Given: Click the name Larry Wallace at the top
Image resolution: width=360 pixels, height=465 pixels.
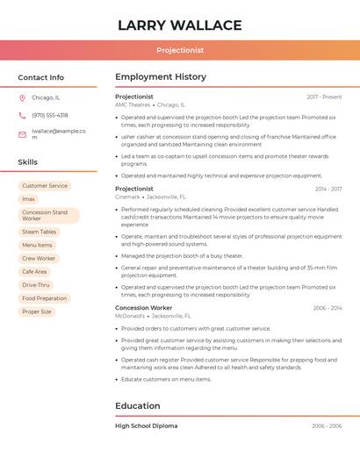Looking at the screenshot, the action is pyautogui.click(x=179, y=25).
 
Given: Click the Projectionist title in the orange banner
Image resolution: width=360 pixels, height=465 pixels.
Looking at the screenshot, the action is pyautogui.click(x=180, y=51).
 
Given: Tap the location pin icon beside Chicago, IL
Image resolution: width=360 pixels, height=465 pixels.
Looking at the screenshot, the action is pyautogui.click(x=22, y=98).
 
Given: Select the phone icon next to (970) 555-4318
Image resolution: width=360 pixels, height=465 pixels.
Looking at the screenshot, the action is pyautogui.click(x=22, y=115).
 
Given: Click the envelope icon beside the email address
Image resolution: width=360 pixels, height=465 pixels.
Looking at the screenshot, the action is pyautogui.click(x=22, y=134).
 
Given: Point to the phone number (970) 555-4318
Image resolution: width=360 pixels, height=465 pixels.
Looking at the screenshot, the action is pyautogui.click(x=50, y=115).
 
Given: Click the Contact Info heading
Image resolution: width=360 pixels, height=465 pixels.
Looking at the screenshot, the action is pyautogui.click(x=40, y=77).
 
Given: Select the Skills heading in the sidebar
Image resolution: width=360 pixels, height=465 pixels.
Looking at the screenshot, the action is pyautogui.click(x=27, y=162).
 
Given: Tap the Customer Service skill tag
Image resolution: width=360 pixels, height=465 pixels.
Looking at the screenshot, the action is pyautogui.click(x=45, y=186).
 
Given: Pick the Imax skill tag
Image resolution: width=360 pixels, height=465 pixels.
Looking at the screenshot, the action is pyautogui.click(x=29, y=199).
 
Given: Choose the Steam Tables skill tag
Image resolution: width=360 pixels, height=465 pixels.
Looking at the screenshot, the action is pyautogui.click(x=40, y=232).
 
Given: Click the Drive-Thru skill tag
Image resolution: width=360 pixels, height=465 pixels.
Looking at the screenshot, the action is pyautogui.click(x=36, y=285).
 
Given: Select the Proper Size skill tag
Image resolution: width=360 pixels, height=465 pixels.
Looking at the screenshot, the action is pyautogui.click(x=37, y=311).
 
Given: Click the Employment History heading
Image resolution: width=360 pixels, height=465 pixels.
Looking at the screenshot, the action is pyautogui.click(x=161, y=77).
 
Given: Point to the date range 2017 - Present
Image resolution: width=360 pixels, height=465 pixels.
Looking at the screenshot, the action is pyautogui.click(x=324, y=97).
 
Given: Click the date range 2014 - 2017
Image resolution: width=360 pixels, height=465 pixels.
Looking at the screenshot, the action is pyautogui.click(x=328, y=189).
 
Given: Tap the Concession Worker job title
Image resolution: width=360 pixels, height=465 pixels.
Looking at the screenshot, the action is pyautogui.click(x=143, y=308).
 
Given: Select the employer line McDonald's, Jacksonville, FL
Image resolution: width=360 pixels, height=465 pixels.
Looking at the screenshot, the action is pyautogui.click(x=153, y=316).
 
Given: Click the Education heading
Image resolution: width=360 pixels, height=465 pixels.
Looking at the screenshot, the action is pyautogui.click(x=138, y=405).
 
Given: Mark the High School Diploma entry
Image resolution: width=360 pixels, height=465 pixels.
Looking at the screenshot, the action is pyautogui.click(x=146, y=426).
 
